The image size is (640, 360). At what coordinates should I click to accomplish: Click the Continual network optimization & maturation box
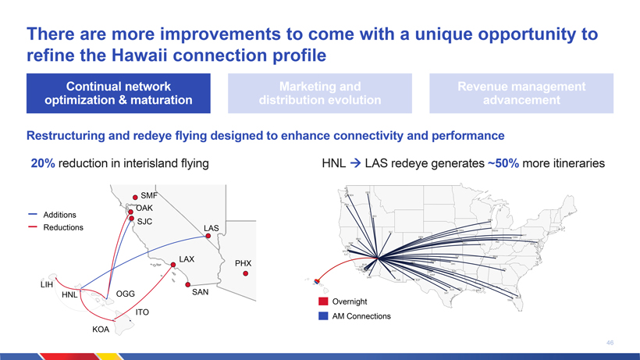click(x=119, y=93)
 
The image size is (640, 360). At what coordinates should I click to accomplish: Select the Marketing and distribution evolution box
click(x=320, y=93)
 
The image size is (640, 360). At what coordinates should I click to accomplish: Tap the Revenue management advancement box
click(x=521, y=93)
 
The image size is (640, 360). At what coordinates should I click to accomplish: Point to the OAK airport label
click(x=144, y=209)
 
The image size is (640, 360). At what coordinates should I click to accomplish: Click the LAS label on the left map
click(x=212, y=228)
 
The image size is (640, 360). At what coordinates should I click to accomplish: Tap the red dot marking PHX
click(x=246, y=274)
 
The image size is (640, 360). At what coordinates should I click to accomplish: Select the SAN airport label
click(x=201, y=292)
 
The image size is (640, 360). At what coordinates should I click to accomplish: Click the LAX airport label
click(x=187, y=258)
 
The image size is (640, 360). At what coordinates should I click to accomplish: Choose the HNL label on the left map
click(x=69, y=295)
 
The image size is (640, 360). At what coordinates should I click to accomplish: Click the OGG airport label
click(x=126, y=294)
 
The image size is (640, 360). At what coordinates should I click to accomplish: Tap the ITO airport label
click(x=142, y=312)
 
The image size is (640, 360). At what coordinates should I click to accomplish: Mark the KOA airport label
click(x=101, y=330)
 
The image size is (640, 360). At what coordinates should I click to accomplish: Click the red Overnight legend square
click(x=323, y=301)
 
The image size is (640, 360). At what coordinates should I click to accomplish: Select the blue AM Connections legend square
click(x=323, y=316)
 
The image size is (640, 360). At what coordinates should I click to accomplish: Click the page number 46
click(x=610, y=342)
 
